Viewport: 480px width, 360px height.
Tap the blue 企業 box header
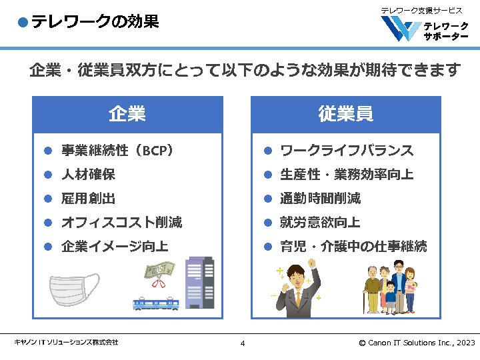tap(127, 114)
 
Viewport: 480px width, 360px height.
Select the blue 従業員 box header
tap(345, 114)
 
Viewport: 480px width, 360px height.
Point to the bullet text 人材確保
tap(88, 175)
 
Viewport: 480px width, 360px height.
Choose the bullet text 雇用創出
tap(88, 199)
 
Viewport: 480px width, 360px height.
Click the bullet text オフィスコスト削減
tap(121, 223)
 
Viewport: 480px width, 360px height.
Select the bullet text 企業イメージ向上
tap(115, 247)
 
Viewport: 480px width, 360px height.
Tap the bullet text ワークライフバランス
tap(347, 151)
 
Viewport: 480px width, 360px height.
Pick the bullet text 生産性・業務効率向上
tap(347, 175)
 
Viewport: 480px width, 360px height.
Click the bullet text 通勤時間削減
tap(320, 199)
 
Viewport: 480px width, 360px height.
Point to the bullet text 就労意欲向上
tap(320, 223)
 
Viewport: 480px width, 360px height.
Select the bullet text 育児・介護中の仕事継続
tap(353, 247)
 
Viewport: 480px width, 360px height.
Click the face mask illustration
tap(74, 289)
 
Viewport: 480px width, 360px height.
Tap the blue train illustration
tap(157, 303)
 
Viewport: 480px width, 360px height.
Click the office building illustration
tap(199, 281)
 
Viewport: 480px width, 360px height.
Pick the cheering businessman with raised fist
tap(299, 289)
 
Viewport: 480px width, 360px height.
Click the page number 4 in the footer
tap(242, 343)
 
